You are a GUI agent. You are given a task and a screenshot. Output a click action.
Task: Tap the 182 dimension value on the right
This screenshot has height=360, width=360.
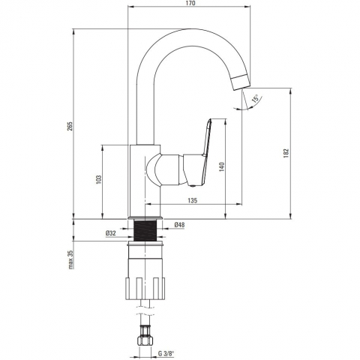coord(286,153)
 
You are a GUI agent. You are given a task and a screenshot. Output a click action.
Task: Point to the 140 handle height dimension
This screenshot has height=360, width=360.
coord(222,166)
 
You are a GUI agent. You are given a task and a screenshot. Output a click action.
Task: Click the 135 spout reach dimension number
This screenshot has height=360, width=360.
coord(193,200)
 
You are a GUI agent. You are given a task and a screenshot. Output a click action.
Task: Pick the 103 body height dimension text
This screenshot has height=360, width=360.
coord(99,180)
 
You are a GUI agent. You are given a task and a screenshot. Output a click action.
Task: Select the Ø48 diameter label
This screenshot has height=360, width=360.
coord(179,225)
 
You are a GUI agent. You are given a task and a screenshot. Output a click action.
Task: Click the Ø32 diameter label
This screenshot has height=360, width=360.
coord(111,233)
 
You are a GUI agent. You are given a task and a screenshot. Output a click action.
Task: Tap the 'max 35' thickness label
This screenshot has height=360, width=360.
coord(70,259)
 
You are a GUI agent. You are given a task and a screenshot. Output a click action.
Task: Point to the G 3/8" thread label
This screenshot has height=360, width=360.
coord(166,353)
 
